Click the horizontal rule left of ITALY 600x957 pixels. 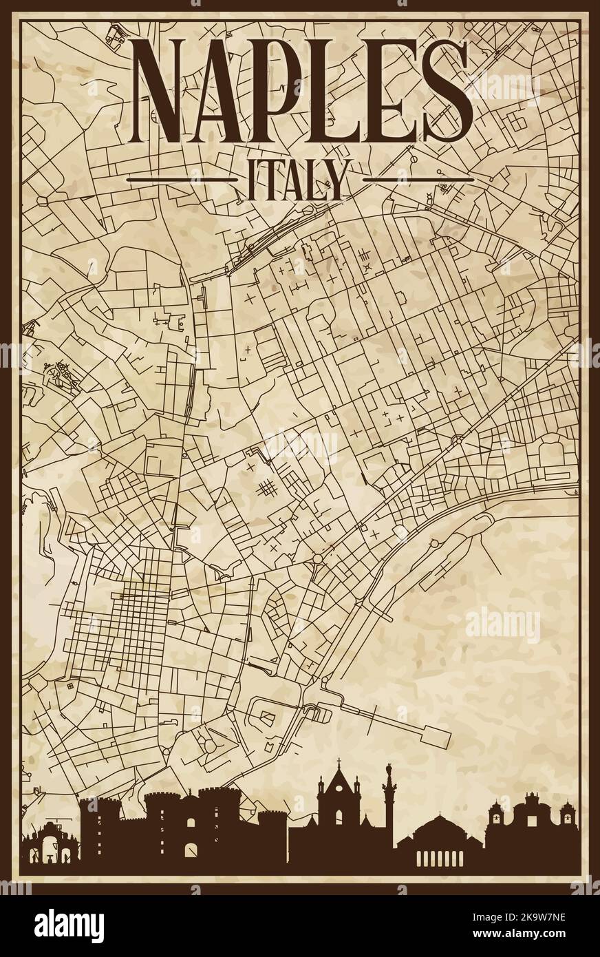point(182,180)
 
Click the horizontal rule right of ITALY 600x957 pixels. point(418,180)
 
